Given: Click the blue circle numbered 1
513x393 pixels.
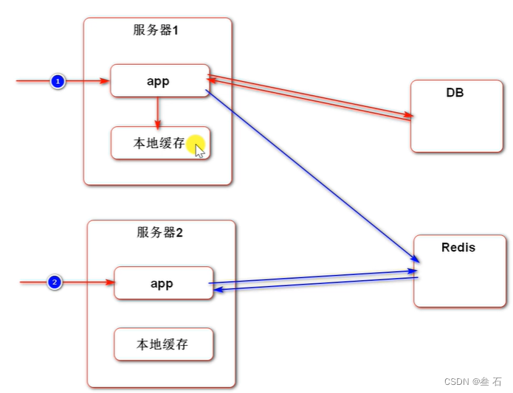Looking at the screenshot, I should click(58, 81).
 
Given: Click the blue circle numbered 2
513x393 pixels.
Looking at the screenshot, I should click(55, 282).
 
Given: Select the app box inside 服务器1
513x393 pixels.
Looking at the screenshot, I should click(159, 81).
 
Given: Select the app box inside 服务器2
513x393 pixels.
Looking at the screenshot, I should click(163, 283).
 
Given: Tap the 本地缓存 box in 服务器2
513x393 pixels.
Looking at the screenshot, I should click(163, 344).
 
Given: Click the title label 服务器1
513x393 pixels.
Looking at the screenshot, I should click(156, 31).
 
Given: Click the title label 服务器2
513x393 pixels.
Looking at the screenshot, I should click(159, 233).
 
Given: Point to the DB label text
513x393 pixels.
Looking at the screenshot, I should click(455, 93).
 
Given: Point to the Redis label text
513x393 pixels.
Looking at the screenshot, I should click(458, 248).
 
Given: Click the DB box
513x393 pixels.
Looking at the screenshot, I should click(456, 118).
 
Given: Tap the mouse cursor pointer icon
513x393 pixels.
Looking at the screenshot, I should click(199, 150).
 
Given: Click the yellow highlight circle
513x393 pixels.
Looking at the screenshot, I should click(194, 143).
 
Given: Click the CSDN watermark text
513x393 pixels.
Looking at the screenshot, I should click(473, 381).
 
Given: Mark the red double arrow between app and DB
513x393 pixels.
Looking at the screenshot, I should click(310, 97).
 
